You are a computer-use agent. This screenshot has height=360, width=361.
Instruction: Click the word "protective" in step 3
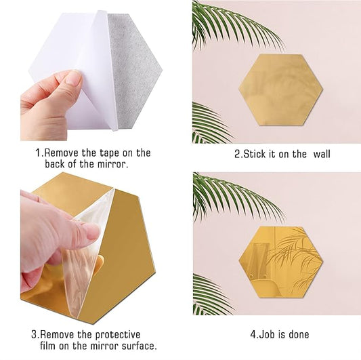[x=114, y=334]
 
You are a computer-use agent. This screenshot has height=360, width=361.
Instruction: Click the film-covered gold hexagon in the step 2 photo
[x=280, y=89]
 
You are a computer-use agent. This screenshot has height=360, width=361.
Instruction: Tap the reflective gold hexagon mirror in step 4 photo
[x=280, y=262]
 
